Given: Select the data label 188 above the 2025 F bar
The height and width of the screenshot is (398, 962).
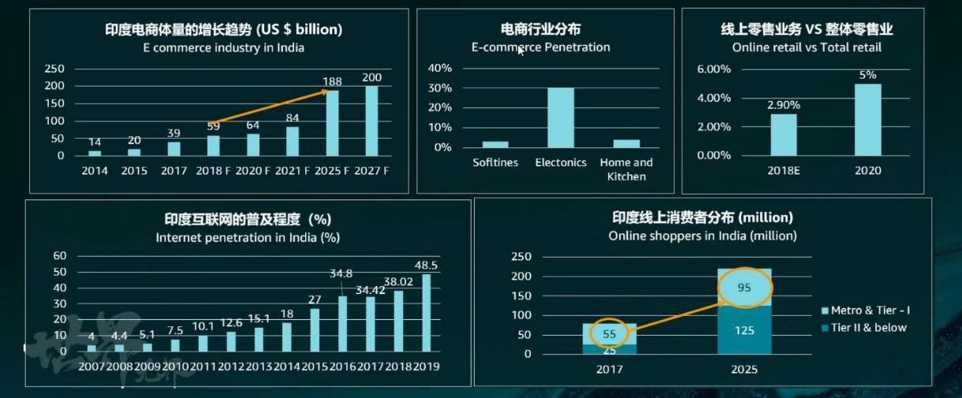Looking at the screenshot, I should pyautogui.click(x=333, y=81).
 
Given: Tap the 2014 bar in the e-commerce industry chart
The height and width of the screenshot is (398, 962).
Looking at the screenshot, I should pyautogui.click(x=95, y=153).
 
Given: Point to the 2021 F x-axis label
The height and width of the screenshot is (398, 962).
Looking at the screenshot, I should pyautogui.click(x=293, y=169).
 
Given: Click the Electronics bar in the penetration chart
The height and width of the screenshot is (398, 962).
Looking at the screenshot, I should pyautogui.click(x=561, y=117).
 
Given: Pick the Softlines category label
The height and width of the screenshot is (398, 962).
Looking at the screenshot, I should pyautogui.click(x=495, y=162).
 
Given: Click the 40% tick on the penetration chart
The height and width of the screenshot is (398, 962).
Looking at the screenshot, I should pyautogui.click(x=439, y=68).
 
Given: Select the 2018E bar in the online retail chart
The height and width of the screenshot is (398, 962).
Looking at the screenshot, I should pyautogui.click(x=784, y=135).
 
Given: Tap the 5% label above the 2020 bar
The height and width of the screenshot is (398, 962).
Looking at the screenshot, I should pyautogui.click(x=868, y=75).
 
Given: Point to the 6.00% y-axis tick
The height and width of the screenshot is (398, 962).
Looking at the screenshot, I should pyautogui.click(x=714, y=69).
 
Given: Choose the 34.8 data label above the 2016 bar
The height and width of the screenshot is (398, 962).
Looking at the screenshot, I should pyautogui.click(x=341, y=273).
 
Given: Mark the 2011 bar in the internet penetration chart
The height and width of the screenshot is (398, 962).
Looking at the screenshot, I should pyautogui.click(x=203, y=344).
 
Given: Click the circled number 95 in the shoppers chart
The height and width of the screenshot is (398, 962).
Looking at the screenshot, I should pyautogui.click(x=744, y=288).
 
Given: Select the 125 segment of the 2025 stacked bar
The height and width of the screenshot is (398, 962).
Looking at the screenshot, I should pyautogui.click(x=744, y=329).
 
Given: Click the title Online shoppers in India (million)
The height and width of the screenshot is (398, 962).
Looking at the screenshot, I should pyautogui.click(x=703, y=236).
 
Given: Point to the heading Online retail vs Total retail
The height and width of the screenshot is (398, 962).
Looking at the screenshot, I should pyautogui.click(x=807, y=47).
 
